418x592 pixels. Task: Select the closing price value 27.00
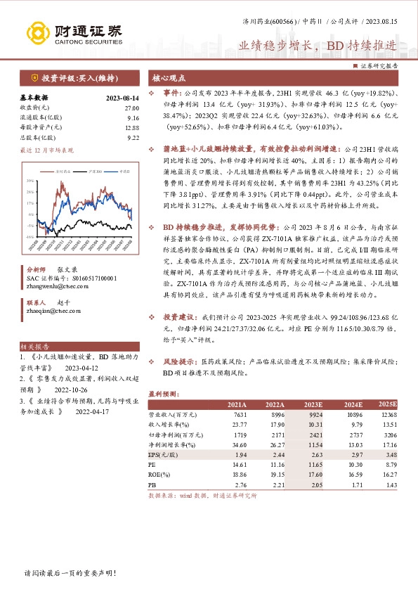coord(131,108)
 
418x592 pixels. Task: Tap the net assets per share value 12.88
coord(131,127)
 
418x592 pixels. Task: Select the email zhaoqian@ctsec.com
coord(54,309)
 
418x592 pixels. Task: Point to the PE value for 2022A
coord(275,465)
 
